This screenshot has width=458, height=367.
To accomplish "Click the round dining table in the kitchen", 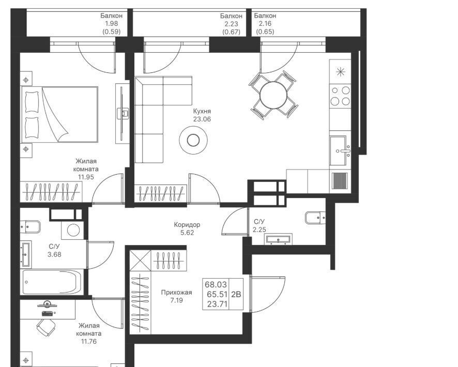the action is [273, 95].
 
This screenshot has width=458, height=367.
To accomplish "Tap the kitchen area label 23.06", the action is [202, 119].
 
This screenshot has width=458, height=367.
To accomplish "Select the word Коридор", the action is [187, 225].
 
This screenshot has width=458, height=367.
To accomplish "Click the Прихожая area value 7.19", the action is [176, 300].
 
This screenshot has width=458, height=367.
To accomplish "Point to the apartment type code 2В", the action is [236, 294].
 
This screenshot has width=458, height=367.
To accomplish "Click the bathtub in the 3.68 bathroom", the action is [52, 282].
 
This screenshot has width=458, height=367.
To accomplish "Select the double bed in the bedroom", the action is [59, 114].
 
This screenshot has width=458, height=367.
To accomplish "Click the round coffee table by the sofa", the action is [193, 140].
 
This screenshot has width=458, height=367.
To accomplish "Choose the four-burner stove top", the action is [340, 96].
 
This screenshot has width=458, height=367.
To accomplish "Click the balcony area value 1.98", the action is [111, 24].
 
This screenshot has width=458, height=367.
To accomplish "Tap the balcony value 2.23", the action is [231, 24].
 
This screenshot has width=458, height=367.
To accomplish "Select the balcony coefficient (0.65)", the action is [265, 32].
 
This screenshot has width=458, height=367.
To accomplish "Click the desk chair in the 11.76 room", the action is [47, 327].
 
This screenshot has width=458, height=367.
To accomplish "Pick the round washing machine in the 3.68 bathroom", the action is [73, 230].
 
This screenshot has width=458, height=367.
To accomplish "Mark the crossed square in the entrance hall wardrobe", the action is [140, 261].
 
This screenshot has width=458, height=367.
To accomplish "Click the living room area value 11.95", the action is [86, 177].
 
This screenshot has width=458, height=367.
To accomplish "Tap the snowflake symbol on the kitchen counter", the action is [340, 72].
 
